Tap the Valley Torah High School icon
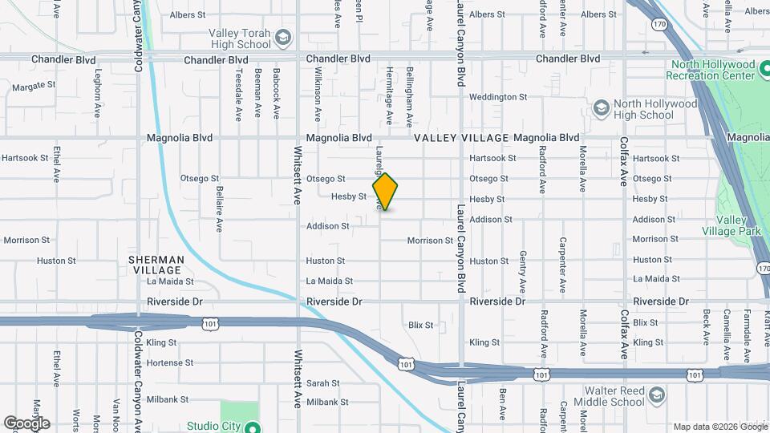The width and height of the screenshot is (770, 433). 282,38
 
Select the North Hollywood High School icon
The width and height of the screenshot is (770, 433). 601,108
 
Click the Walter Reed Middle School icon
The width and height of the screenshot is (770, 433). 657,395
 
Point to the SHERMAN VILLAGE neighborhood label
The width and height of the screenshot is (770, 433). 156,265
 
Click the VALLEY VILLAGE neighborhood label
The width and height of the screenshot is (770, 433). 462,138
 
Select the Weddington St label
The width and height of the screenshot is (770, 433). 497,97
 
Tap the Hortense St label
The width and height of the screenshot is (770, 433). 171,362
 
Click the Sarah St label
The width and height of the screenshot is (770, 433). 324,383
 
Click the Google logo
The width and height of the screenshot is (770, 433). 26,423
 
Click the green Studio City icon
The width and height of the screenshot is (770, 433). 252,427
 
